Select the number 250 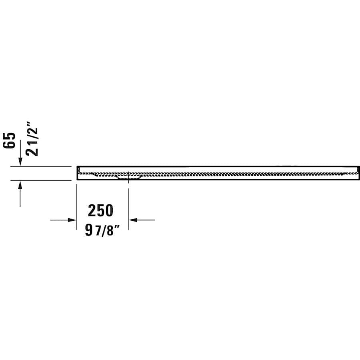pos(101,210)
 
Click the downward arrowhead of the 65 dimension pos(20,162)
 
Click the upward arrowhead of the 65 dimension pos(20,184)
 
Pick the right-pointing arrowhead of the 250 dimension pos(72,220)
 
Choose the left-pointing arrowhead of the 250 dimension pos(133,220)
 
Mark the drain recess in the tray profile pos(128,176)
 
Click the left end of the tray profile pos(78,173)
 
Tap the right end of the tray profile pos(358,173)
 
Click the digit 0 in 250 pos(109,210)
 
